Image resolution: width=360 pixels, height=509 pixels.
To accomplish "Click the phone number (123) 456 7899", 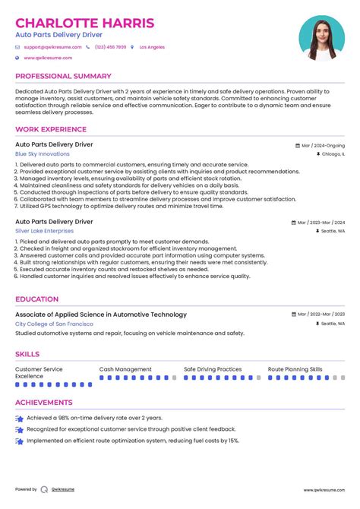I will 111,47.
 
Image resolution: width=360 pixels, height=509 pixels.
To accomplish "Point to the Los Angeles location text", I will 152,47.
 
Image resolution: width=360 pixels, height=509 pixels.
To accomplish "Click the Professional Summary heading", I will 64,77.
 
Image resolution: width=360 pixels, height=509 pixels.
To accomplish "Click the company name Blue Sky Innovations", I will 43,153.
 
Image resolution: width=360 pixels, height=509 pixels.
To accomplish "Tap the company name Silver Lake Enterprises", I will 45,230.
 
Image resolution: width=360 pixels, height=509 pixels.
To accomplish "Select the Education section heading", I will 36,299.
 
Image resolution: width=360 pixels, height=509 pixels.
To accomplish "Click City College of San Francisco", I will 55,324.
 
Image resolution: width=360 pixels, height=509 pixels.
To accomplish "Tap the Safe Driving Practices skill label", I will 213,369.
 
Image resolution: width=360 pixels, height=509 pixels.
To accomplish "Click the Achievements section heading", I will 44,403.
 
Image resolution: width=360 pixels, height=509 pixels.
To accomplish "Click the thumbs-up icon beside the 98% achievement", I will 19,418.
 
